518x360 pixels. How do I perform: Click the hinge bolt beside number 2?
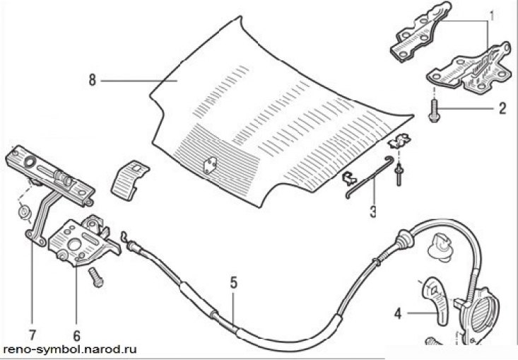pos(433,110)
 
